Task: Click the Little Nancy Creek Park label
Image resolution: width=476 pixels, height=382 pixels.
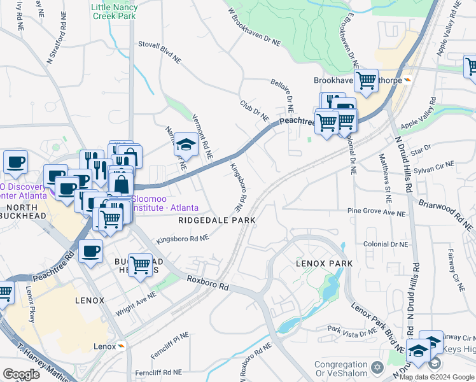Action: (114, 12)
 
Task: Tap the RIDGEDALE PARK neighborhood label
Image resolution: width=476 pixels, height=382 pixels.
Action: (216, 220)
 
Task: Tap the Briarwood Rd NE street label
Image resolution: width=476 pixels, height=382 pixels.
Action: (445, 213)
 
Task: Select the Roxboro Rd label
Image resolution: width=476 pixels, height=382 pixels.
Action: (207, 283)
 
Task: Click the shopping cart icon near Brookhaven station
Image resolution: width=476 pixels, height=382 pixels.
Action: (366, 80)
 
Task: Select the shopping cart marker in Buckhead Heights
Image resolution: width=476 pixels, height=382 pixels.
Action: (141, 265)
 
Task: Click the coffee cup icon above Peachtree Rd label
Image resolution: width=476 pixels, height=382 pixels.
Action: (90, 251)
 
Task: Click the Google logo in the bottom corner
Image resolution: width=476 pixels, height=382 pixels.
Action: (21, 374)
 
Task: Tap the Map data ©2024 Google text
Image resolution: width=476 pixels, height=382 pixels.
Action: (437, 377)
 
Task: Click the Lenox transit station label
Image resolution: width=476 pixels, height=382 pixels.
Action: (108, 346)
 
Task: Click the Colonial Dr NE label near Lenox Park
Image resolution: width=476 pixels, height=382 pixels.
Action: (385, 244)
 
